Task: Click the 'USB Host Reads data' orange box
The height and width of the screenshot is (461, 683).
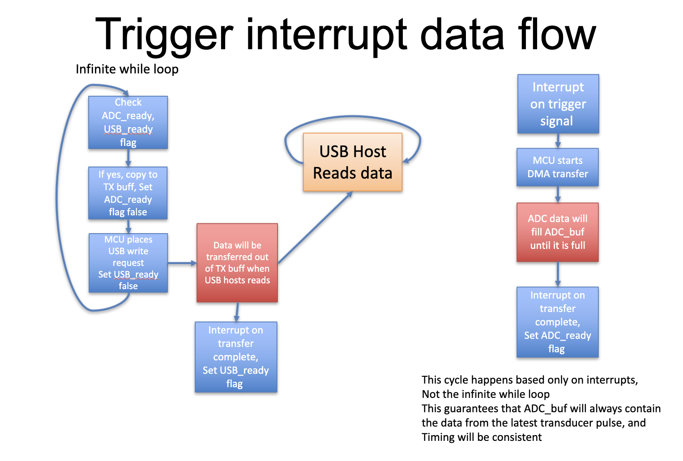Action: click(353, 162)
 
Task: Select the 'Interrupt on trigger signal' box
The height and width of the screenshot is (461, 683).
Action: click(558, 104)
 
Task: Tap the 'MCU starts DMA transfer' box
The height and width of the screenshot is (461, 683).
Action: click(558, 167)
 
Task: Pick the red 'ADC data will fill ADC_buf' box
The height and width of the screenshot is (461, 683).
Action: click(558, 232)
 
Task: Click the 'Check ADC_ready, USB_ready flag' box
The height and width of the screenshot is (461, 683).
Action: click(128, 122)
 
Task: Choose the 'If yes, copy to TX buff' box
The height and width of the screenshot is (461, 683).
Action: click(128, 193)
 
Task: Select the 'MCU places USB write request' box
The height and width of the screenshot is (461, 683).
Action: click(128, 263)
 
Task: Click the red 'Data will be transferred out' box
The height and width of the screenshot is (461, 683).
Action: click(237, 263)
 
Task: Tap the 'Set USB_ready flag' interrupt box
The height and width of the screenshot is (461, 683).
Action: click(236, 357)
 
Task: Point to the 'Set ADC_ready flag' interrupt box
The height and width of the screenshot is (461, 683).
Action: click(558, 322)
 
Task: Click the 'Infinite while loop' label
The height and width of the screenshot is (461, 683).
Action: click(127, 69)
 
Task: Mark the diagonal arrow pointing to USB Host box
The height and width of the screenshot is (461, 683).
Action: click(315, 227)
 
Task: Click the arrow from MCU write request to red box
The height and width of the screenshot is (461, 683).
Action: click(182, 263)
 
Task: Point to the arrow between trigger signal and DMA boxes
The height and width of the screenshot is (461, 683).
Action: click(558, 141)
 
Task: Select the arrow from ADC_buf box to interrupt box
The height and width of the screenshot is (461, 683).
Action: click(558, 274)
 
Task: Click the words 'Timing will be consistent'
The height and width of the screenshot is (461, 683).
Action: click(482, 437)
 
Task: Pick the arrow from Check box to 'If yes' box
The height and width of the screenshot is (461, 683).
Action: click(128, 158)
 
